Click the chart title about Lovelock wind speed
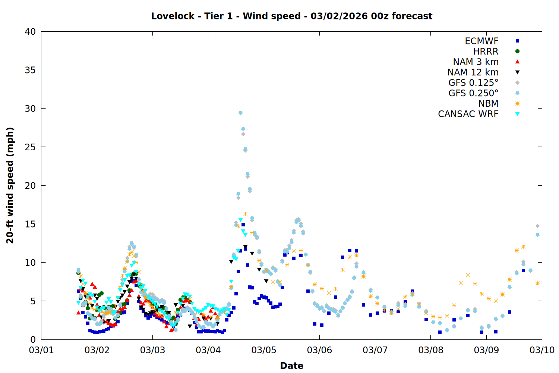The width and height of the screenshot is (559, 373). click(291, 16)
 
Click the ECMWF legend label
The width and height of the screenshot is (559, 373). click(481, 41)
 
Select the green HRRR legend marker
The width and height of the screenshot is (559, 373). click(517, 51)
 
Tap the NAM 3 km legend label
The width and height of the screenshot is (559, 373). click(476, 62)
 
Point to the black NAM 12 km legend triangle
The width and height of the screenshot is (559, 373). click(517, 72)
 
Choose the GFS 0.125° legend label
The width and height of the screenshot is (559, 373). click(473, 83)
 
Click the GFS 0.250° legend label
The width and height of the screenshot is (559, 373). click(473, 93)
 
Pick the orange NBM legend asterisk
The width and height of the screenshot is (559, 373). click(517, 104)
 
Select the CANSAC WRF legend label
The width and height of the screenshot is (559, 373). click(468, 114)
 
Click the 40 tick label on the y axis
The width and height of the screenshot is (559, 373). click(30, 32)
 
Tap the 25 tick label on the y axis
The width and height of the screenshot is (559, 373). click(30, 147)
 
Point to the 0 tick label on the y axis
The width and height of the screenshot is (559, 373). click(33, 339)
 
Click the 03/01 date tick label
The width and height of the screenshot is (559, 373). click(41, 350)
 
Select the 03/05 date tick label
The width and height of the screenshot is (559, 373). click(264, 350)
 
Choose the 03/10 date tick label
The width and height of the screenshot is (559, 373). click(542, 350)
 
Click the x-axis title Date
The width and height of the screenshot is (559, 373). click(291, 366)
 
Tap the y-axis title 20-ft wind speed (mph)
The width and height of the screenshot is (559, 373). click(10, 185)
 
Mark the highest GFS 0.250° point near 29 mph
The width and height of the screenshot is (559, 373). click(240, 113)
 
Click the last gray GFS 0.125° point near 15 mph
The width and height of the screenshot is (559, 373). click(537, 226)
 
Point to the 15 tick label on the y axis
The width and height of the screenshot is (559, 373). click(30, 224)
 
